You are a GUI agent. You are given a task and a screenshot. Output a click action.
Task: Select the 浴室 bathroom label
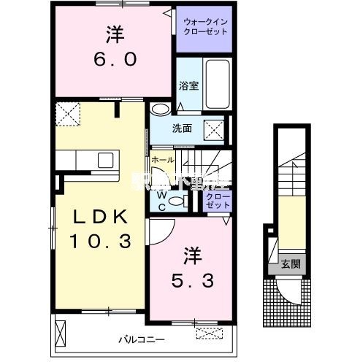188,85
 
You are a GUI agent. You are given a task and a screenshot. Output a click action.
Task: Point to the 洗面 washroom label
182,128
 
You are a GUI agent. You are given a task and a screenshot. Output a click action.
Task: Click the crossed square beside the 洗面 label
213,129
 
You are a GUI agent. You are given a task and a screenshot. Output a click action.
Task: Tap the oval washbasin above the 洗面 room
161,108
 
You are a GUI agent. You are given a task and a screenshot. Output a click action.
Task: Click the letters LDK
99,217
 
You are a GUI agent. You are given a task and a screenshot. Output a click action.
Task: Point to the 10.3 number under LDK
99,240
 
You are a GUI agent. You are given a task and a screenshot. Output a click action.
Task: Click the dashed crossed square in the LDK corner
69,115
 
